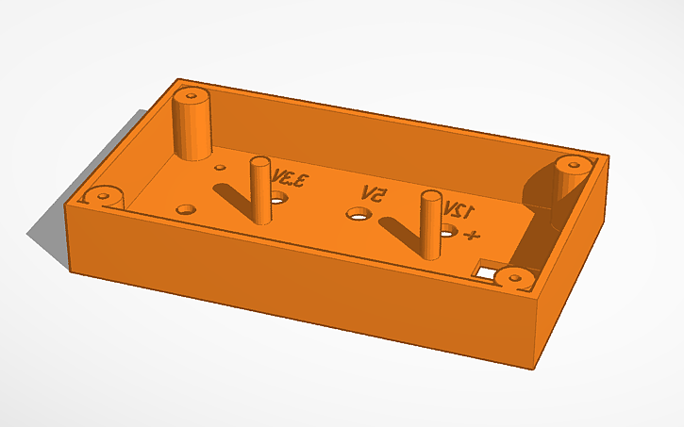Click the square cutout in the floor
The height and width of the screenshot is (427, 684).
[487, 271]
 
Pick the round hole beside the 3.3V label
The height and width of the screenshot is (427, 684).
[278, 199]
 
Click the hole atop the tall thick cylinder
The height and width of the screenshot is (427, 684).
[192, 95]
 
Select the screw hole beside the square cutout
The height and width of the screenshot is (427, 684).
[514, 277]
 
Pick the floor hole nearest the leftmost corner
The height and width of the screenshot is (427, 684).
[187, 207]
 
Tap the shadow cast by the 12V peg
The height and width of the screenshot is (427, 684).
[401, 231]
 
